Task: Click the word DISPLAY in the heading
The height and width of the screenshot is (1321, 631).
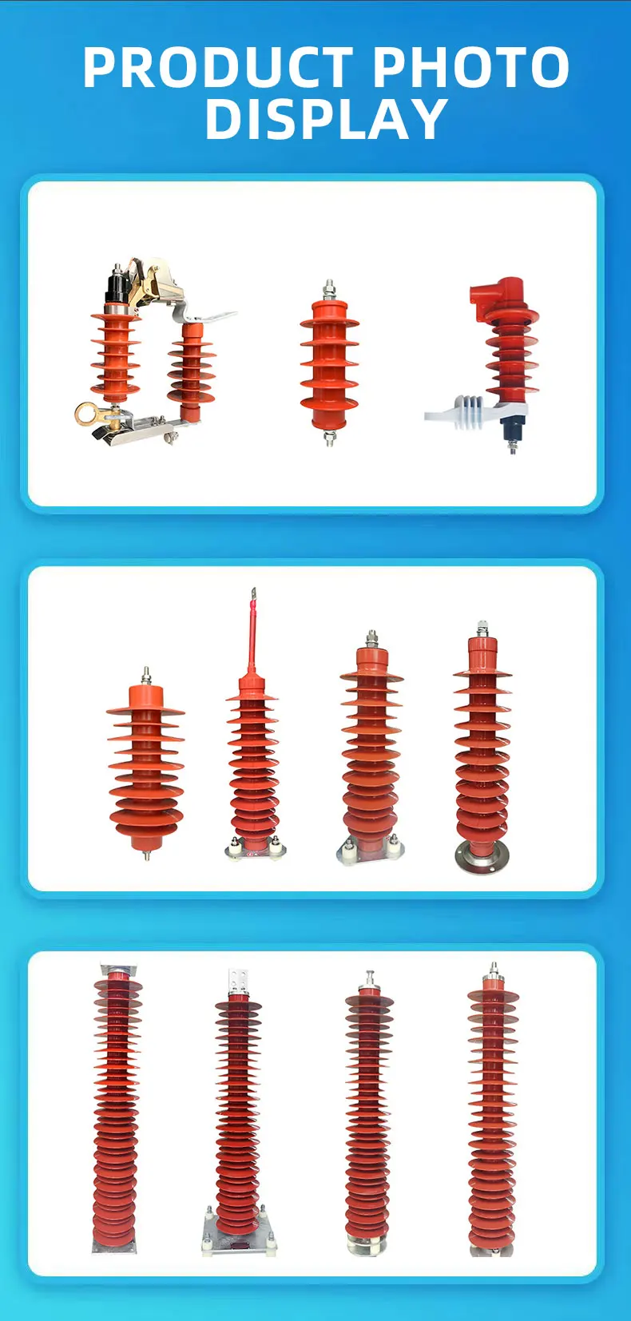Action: [326, 119]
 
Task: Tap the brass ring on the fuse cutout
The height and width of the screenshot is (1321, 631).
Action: [86, 413]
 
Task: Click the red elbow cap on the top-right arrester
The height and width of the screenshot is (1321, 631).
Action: [495, 300]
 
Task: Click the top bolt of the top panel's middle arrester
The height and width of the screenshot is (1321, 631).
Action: [329, 288]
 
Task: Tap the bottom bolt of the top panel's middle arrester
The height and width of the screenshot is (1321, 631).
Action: [329, 437]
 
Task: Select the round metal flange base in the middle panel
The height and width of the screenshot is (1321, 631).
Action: [482, 856]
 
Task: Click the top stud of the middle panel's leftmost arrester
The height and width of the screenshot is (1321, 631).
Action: [146, 676]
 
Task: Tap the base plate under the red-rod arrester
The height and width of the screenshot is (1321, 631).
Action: [253, 850]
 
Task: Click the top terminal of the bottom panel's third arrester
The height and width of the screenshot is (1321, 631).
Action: [368, 979]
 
